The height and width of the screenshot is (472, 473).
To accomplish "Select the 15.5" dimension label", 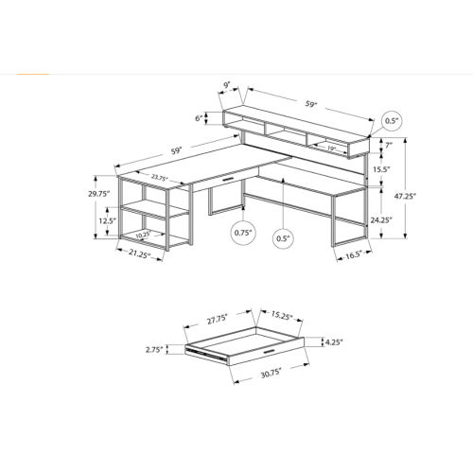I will click(381, 170).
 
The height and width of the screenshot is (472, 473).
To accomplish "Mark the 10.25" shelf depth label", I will click(143, 236).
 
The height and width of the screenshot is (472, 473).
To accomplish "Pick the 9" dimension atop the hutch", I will click(227, 86).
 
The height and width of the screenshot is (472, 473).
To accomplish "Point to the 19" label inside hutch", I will click(331, 148).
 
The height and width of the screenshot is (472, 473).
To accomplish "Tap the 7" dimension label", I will click(388, 145).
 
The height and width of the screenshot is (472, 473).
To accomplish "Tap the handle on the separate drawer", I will click(272, 352).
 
